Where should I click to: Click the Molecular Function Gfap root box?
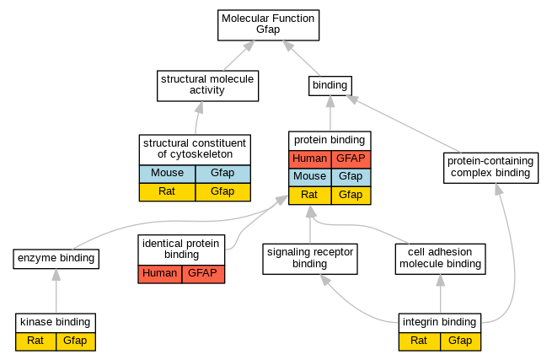tap(268, 25)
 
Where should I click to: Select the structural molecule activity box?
tap(207, 86)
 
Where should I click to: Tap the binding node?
tap(330, 86)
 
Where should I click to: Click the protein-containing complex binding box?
tap(490, 168)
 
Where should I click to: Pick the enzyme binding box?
tap(56, 259)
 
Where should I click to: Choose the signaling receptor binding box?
tap(310, 259)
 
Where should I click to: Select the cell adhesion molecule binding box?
tap(440, 259)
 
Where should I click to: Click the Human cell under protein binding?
tap(310, 159)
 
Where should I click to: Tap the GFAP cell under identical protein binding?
tap(203, 274)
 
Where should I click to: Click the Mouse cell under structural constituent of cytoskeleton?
tap(167, 174)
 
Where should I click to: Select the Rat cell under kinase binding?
tap(35, 341)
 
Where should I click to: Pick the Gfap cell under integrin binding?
tap(460, 341)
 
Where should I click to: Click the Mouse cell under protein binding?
tap(310, 177)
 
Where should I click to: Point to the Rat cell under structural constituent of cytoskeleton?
tap(167, 192)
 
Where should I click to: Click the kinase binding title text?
tap(56, 322)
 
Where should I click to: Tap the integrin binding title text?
tap(439, 322)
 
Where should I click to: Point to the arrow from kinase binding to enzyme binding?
tap(56, 291)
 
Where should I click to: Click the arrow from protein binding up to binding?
tap(330, 113)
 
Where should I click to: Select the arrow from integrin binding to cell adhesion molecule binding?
tap(441, 293)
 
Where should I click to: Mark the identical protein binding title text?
tap(181, 249)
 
